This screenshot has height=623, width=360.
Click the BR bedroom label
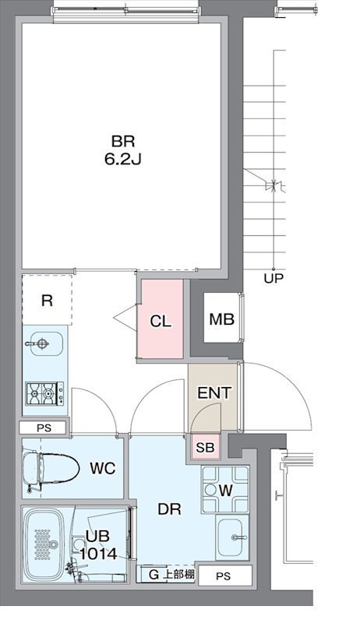pos(123,142)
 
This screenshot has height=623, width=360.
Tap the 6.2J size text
pos(123,160)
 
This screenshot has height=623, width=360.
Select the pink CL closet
pos(161,319)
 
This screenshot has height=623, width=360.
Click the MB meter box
pos(221,319)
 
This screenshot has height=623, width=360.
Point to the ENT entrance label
pos(214,393)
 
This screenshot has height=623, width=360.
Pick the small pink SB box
pos(205,447)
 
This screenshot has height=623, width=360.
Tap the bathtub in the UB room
pos(44,544)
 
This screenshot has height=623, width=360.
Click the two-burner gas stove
pos(44,393)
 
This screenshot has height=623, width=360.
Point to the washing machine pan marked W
pos(225,490)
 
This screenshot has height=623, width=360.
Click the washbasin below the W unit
pos(232,537)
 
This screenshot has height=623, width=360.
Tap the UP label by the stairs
pos(274,279)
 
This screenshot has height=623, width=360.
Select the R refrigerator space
pos(47,301)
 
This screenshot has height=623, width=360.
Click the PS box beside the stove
pos(44,428)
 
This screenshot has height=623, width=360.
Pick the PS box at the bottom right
pos(224,576)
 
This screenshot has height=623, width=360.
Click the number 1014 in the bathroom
pos(98,554)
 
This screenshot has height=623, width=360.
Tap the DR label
pos(169,509)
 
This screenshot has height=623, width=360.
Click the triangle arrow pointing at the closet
pos(125,318)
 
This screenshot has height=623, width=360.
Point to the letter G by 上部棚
pos(154,575)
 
